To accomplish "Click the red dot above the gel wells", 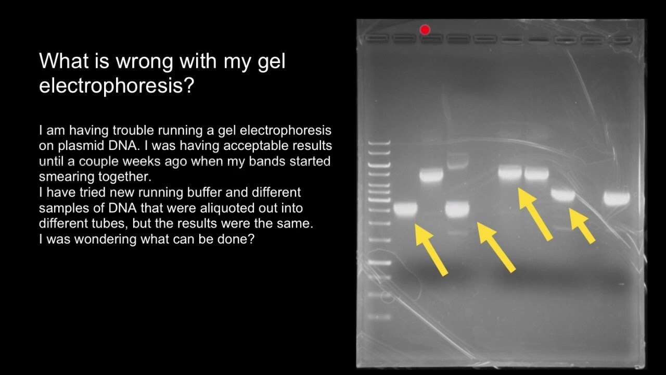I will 425,30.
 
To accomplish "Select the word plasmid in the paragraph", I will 62,145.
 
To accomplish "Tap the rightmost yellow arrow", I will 582,226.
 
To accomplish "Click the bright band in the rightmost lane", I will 617,198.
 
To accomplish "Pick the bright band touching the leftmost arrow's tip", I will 405,210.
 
